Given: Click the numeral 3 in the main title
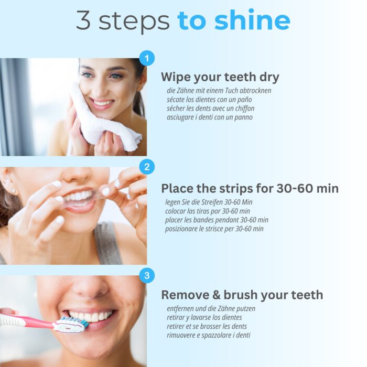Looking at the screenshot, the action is [83, 20].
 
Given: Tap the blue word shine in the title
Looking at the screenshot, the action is [252, 20].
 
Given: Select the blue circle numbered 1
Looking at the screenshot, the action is [147, 58].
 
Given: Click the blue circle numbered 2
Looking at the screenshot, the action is [147, 167].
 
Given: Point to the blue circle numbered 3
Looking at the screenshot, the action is [147, 275].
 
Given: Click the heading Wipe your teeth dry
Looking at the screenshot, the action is [220, 77].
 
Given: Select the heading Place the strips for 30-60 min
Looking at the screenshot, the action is [250, 188].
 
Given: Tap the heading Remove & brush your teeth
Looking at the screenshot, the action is [242, 295].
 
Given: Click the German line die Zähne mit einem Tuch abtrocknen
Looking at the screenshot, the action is [219, 91].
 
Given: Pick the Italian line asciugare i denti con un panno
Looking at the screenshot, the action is [210, 117].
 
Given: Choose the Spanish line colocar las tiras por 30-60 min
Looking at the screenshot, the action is [208, 211].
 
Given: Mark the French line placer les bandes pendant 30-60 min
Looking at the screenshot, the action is [217, 220].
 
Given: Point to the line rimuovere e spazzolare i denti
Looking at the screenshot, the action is [208, 335].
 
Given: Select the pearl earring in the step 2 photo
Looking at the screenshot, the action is [13, 191].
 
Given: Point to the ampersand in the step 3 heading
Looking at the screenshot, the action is [216, 295].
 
